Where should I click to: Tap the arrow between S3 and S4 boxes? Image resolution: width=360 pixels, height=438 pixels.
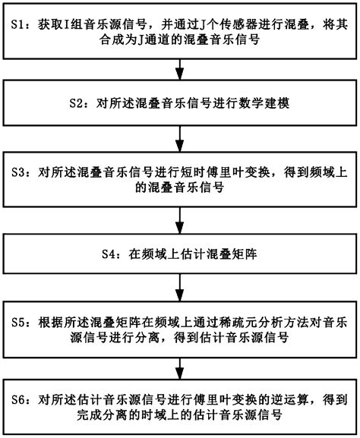(179, 216)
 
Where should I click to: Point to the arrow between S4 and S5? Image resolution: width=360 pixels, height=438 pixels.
(179, 290)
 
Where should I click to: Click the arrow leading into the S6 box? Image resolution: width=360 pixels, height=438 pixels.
(179, 364)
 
